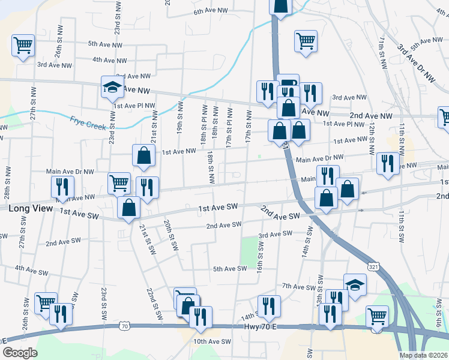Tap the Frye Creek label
pyautogui.click(x=87, y=122)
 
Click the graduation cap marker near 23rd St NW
pyautogui.click(x=112, y=88)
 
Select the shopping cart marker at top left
pyautogui.click(x=23, y=45)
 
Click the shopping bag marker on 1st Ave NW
pyautogui.click(x=144, y=155)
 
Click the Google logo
pyautogui.click(x=20, y=353)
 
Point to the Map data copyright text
pyautogui.click(x=424, y=355)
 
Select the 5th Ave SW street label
pyautogui.click(x=230, y=269)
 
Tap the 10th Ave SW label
pyautogui.click(x=212, y=341)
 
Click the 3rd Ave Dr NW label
pyautogui.click(x=416, y=61)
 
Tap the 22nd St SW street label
pyautogui.click(x=155, y=303)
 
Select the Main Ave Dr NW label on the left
pyautogui.click(x=70, y=171)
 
